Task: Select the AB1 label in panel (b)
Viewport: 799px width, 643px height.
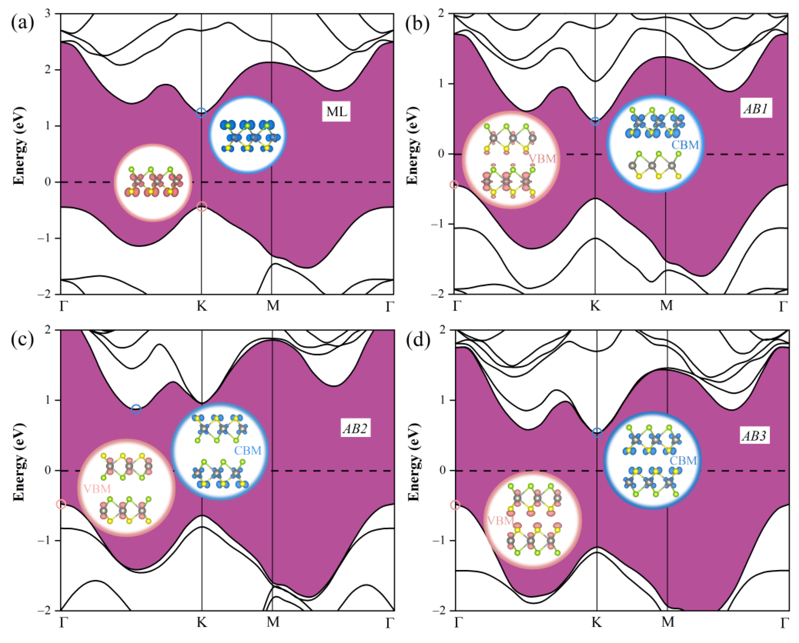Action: pos(756,109)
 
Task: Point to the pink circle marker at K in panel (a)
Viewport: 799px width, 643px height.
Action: pos(201,207)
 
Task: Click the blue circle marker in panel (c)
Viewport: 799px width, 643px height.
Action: pos(136,409)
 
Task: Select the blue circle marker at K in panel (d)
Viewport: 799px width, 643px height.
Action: pos(597,433)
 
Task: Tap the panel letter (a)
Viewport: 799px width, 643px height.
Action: pos(22,23)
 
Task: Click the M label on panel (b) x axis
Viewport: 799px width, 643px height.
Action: pos(666,306)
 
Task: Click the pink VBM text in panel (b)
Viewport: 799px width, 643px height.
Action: pos(542,159)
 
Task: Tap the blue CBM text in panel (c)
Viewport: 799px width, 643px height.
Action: pos(248,451)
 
